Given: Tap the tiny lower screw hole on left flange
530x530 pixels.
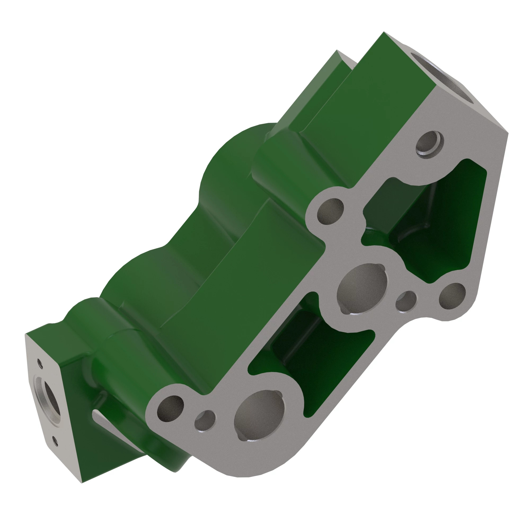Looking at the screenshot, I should pos(55,441).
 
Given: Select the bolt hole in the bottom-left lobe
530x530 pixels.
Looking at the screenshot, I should pos(170,409).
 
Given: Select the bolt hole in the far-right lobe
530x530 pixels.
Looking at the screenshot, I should pos(452,297).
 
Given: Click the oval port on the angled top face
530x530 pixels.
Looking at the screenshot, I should pos(444,79).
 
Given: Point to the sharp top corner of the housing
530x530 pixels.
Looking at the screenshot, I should pos(383,32).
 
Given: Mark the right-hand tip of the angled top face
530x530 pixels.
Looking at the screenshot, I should pos(507,134).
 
